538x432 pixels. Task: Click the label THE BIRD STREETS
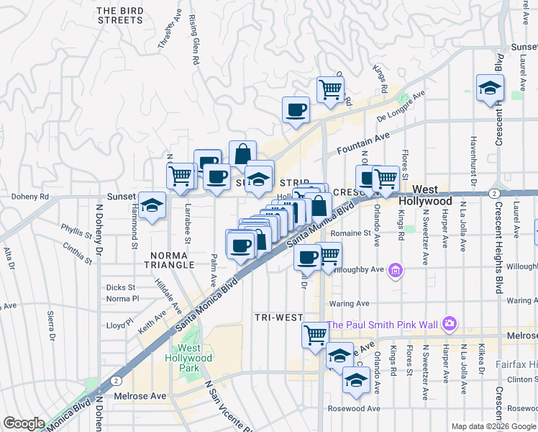pos(119,15)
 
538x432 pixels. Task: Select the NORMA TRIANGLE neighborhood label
pos(172,260)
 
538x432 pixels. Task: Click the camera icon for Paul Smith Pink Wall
pos(450,324)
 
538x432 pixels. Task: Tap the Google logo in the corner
pos(24,423)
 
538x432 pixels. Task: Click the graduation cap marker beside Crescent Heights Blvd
pos(490,88)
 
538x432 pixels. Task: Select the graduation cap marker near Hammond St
pos(152,206)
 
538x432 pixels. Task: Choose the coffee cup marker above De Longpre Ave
pos(296,110)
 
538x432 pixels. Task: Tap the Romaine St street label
pos(351,233)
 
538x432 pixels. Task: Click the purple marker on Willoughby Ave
pos(395,271)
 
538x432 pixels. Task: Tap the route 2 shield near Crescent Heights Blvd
pos(493,193)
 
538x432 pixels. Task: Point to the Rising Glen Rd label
pos(193,40)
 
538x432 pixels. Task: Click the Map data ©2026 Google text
pos(493,426)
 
